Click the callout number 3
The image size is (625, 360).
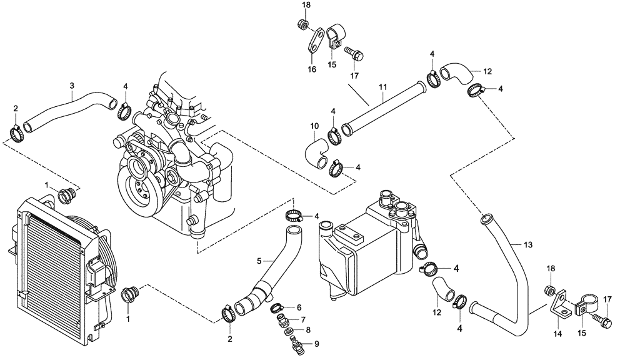tap(72, 85)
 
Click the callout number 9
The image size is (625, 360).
tap(316, 343)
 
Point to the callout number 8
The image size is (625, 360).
tap(308, 329)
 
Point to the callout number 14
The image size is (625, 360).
tap(557, 334)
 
